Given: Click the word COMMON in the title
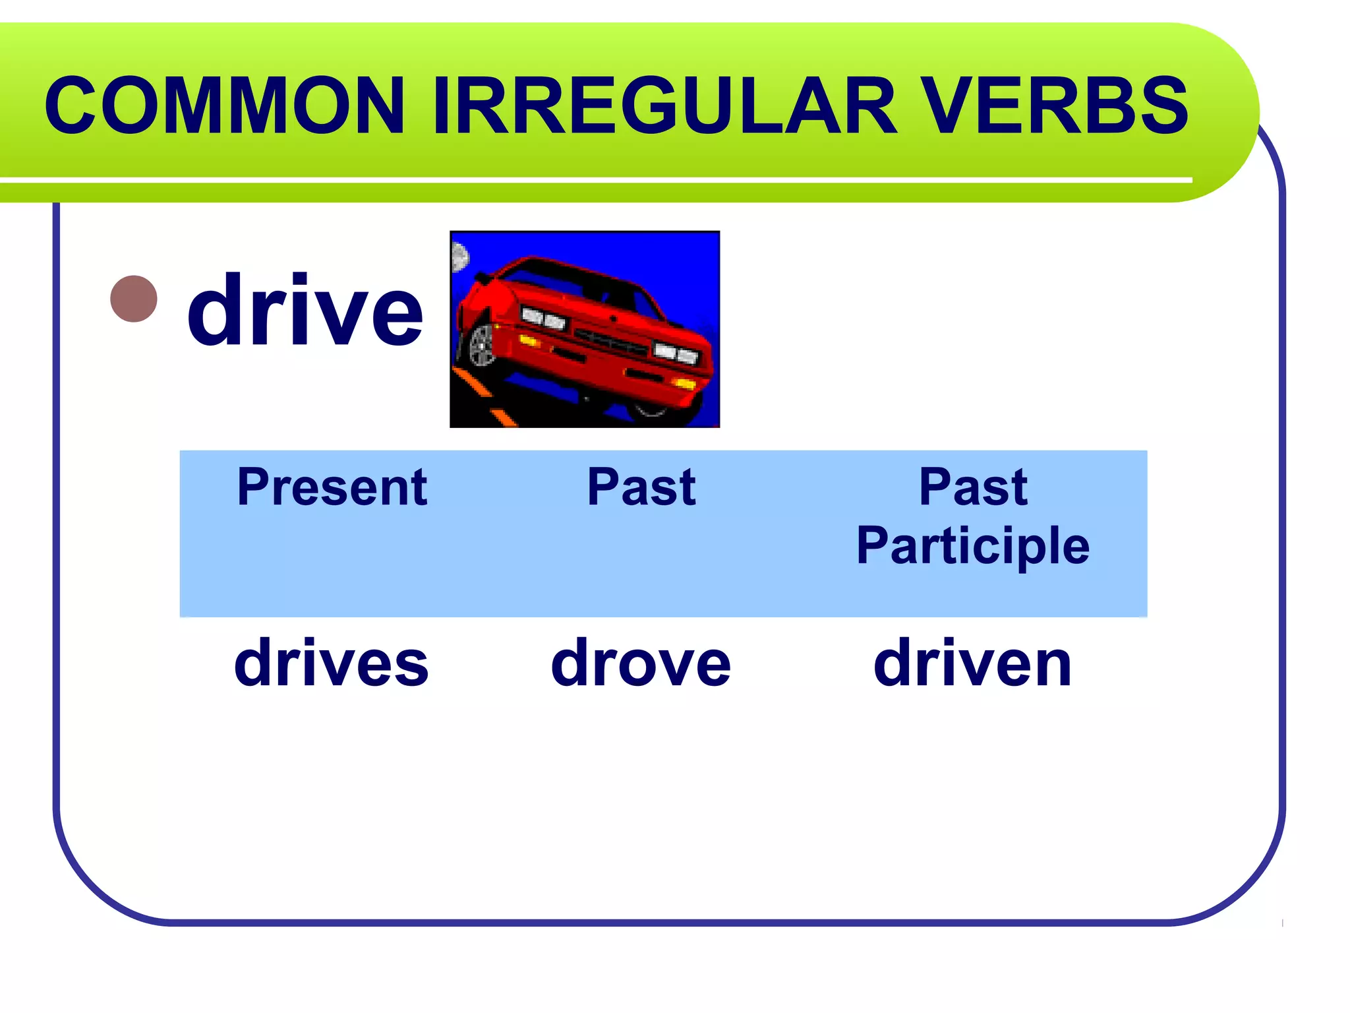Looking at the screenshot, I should [x=224, y=106].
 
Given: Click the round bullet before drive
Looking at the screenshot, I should [x=134, y=299].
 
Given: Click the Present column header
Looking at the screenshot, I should [x=332, y=487].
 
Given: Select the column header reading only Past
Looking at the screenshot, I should [x=641, y=487].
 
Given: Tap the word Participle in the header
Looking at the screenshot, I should [x=972, y=546].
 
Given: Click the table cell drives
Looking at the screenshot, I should [x=332, y=663].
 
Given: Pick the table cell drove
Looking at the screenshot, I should [x=641, y=663].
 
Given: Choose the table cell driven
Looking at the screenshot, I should [x=972, y=663].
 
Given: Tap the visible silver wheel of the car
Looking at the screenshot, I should [x=483, y=344].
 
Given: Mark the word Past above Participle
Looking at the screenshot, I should [x=972, y=487].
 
